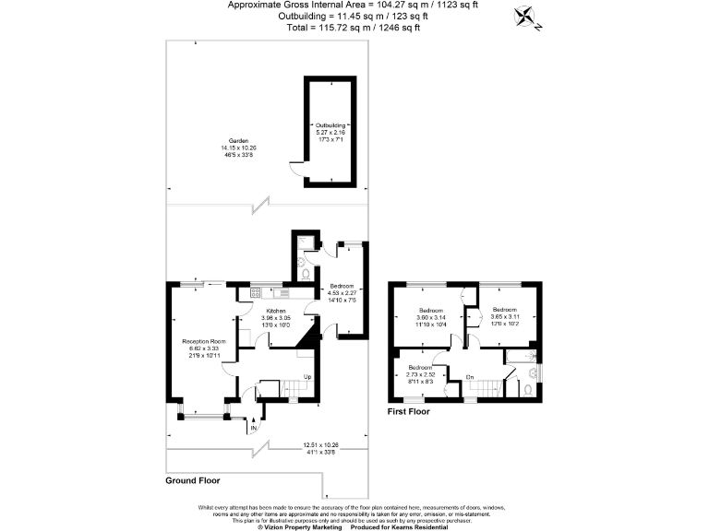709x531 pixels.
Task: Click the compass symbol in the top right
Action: (528, 17)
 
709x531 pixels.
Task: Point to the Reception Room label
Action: (204, 341)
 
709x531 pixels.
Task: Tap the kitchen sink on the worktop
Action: (280, 293)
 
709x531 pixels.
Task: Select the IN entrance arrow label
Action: (252, 428)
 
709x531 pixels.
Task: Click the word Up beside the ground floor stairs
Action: (307, 377)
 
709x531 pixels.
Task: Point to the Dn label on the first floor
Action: (469, 376)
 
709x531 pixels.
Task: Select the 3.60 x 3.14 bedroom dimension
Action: (432, 317)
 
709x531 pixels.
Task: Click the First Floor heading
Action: (408, 412)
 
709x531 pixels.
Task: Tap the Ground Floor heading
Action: (192, 480)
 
